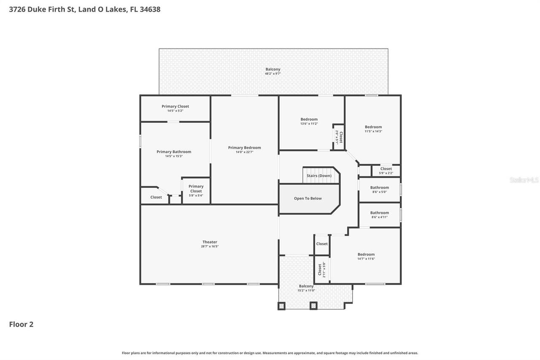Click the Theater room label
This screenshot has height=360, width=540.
click(x=210, y=242)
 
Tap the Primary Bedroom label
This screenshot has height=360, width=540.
click(x=244, y=148)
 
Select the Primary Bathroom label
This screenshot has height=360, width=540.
click(x=174, y=152)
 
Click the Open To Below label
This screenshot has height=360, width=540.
click(x=308, y=198)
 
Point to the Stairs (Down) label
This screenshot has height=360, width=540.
click(x=319, y=176)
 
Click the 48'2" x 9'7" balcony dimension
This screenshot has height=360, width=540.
click(x=273, y=73)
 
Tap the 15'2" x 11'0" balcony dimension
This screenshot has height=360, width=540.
click(x=306, y=290)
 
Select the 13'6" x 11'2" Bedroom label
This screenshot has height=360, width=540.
click(x=309, y=119)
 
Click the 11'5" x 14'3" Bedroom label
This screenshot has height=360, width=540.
click(x=373, y=127)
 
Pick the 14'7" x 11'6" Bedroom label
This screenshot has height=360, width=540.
click(x=366, y=254)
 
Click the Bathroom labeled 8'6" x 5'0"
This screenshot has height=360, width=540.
click(x=379, y=188)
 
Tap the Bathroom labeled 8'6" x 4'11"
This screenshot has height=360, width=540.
click(x=379, y=213)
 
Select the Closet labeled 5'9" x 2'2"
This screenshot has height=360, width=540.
click(x=386, y=169)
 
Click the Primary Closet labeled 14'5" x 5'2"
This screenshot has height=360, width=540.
click(x=175, y=106)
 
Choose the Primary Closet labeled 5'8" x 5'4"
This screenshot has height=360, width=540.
click(x=196, y=189)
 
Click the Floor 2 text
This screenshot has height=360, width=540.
click(x=21, y=324)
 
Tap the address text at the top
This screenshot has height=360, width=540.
click(x=85, y=9)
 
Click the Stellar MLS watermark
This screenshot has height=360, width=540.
click(x=524, y=180)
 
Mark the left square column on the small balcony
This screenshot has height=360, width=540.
click(x=281, y=306)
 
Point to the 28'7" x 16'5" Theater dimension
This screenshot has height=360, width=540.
click(x=210, y=246)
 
